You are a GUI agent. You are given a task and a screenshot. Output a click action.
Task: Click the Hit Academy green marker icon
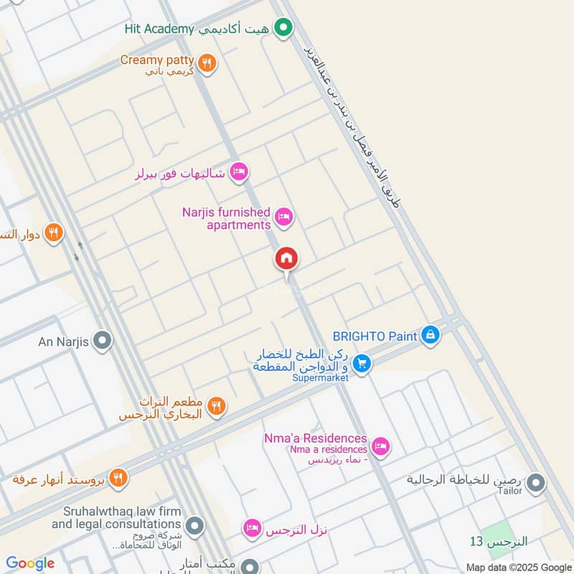284,29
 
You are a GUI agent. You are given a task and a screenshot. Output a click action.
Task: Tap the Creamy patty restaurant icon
207,63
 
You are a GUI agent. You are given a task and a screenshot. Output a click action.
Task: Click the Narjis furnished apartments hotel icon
284,217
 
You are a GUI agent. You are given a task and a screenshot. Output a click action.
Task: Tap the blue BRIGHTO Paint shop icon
430,335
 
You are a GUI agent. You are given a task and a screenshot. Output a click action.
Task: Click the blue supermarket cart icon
362,364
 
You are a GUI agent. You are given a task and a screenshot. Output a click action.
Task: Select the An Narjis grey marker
103,342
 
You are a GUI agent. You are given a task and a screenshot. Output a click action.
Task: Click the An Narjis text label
63,342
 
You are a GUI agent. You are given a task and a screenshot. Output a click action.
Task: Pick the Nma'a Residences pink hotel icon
380,446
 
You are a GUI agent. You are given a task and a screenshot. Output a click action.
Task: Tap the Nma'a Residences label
316,439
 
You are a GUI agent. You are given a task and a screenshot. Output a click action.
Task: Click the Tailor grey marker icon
535,484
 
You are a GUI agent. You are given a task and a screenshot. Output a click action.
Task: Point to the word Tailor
509,491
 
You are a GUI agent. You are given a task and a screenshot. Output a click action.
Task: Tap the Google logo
30,563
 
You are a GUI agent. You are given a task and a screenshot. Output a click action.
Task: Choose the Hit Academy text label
157,29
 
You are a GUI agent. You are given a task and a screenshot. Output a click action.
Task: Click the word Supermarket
319,378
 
